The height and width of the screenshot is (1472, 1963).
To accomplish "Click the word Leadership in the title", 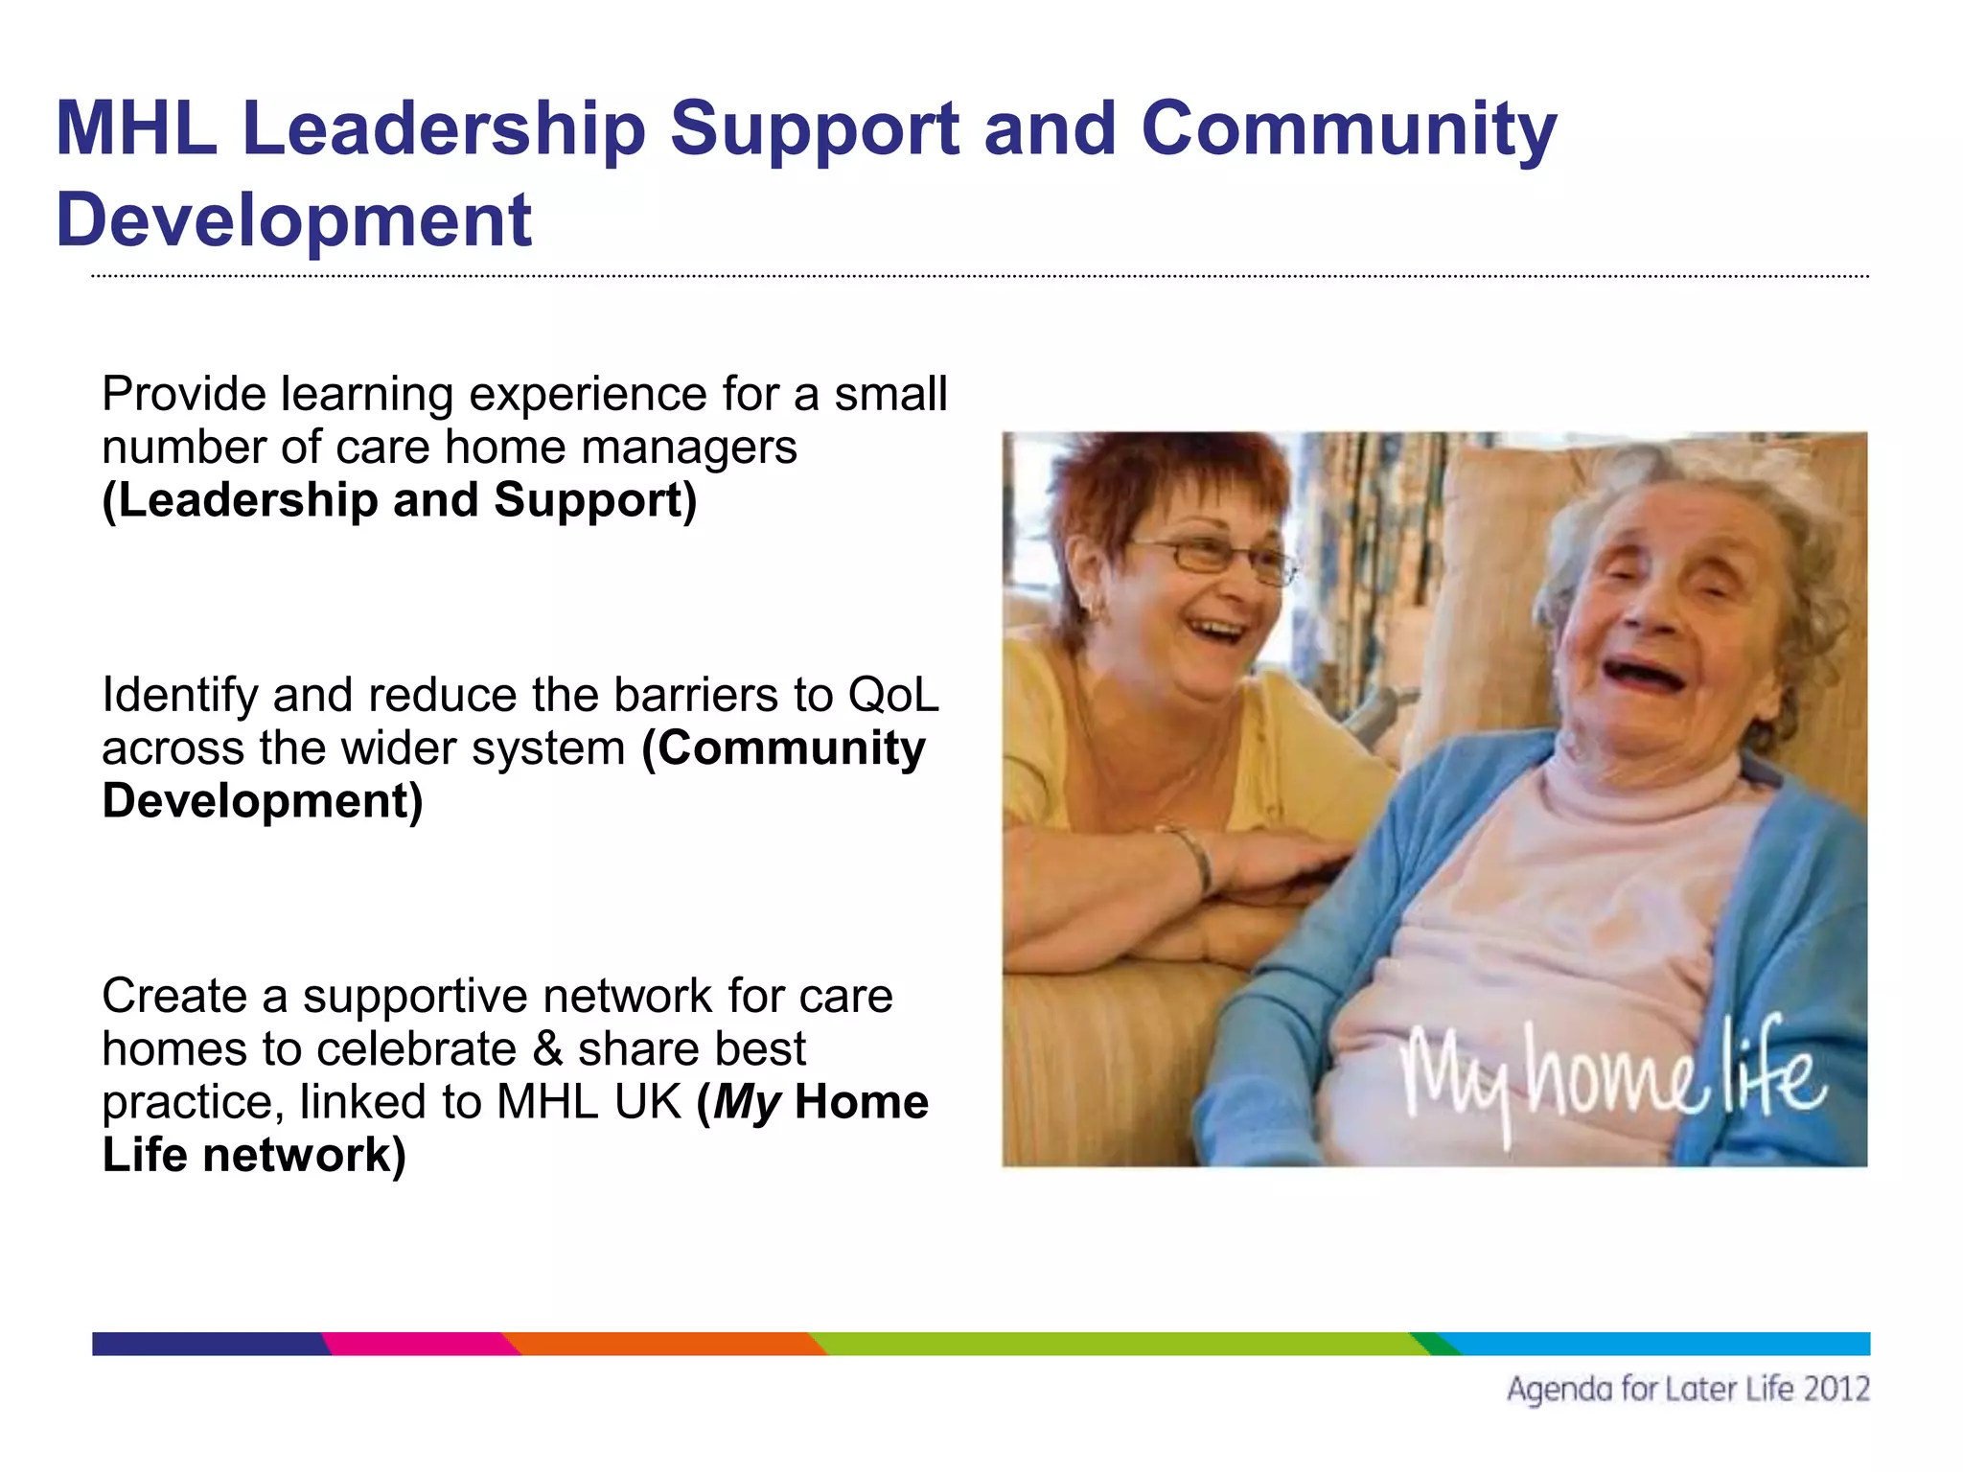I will click(444, 129).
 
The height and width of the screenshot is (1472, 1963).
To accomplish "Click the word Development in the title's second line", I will click(293, 220).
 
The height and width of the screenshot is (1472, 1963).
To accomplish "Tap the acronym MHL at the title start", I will click(136, 129).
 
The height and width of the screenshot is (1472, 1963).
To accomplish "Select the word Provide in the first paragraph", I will click(183, 395).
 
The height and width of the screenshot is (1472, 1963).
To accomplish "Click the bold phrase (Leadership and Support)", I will click(399, 501).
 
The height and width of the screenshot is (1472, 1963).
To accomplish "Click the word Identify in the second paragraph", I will click(179, 697).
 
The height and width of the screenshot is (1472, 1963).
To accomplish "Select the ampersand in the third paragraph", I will click(547, 1048).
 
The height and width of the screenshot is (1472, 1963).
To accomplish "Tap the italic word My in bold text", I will click(748, 1103).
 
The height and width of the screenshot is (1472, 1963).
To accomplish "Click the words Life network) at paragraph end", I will click(254, 1156).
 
